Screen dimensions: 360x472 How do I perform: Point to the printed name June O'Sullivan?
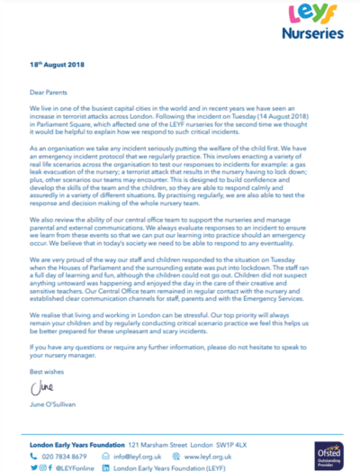[x=53, y=406]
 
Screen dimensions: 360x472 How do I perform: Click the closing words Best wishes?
[x=42, y=371]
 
